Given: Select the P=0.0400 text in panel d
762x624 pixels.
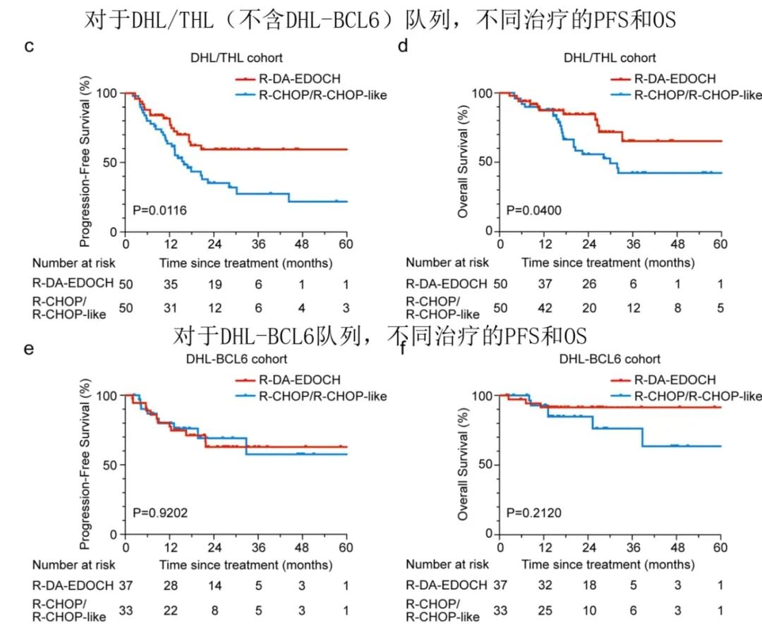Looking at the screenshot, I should pos(534,210).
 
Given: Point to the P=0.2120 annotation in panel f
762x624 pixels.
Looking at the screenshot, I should pos(534,512).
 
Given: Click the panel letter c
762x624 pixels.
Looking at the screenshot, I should pos(29,47).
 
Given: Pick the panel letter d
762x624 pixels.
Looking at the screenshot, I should pos(403,47).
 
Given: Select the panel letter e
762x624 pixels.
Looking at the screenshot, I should pos(29,348).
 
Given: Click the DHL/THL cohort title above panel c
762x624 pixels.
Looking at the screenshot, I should pos(235,58).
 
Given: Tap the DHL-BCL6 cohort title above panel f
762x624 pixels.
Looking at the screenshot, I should pos(610,360).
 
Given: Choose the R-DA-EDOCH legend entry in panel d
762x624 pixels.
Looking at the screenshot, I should pos(674,79).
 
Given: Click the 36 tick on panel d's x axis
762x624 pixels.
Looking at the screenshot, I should pos(632,245).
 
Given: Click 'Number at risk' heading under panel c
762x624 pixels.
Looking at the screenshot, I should pos(73,263).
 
